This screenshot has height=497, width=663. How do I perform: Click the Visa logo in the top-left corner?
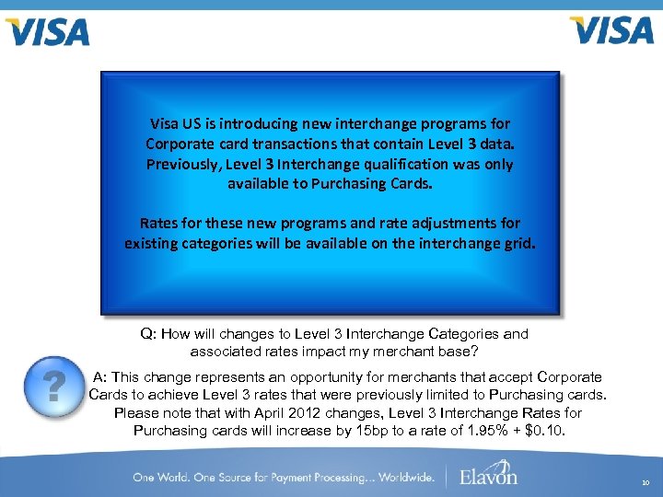coord(48,31)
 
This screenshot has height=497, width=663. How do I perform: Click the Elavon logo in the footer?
coord(489,476)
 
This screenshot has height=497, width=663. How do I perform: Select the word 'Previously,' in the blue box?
coord(180,164)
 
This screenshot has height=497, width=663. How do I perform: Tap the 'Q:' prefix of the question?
coord(150,334)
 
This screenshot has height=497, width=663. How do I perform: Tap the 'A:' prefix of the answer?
coord(103,377)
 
